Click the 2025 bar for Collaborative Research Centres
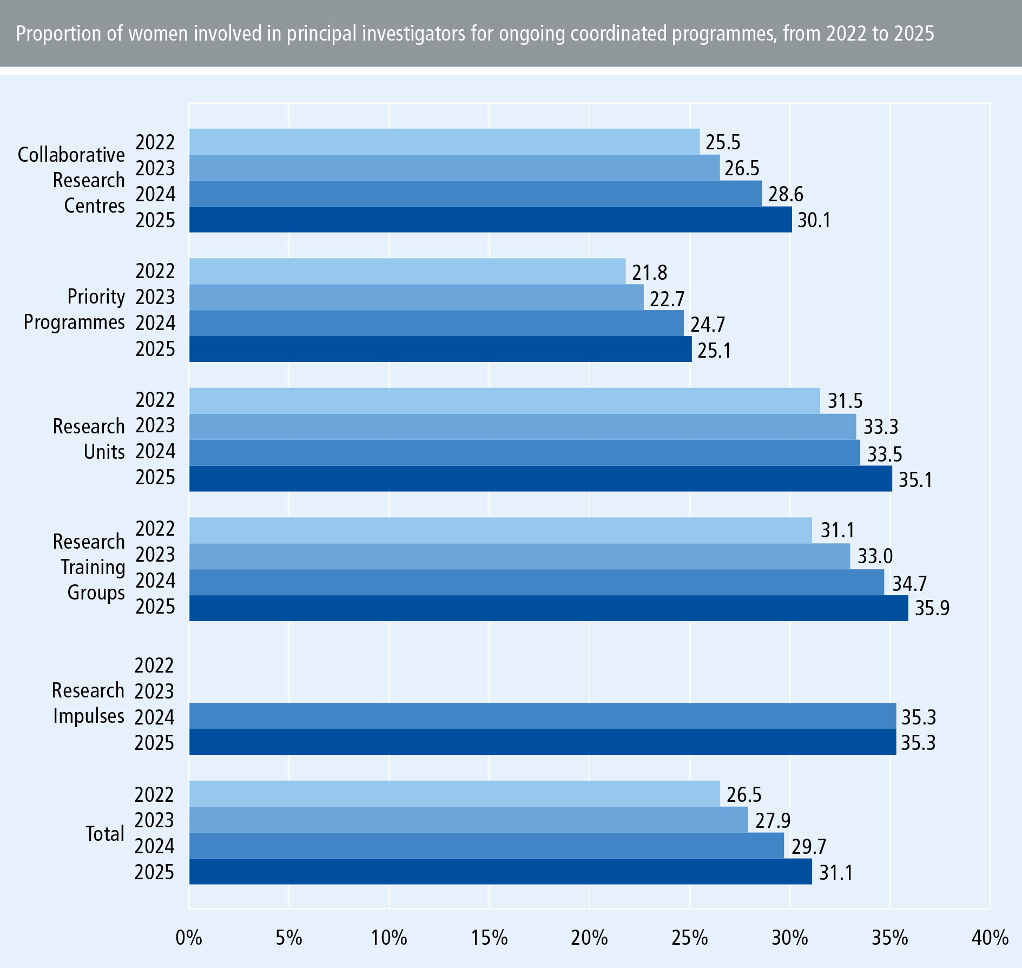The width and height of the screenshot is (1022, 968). click(490, 220)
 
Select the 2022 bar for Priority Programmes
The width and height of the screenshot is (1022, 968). click(407, 271)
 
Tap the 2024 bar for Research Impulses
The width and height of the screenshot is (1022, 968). click(542, 716)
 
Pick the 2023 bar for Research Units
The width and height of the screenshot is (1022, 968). click(522, 426)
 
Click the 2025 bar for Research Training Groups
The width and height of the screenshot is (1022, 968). click(548, 608)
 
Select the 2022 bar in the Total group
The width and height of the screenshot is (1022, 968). click(454, 794)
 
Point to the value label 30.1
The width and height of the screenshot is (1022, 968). click(814, 220)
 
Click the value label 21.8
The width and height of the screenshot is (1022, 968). click(649, 272)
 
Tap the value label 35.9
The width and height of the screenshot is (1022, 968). click(932, 608)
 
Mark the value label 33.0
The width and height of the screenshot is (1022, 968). click(875, 556)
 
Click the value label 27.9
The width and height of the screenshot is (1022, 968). click(773, 821)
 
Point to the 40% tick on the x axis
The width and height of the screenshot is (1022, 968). click(990, 937)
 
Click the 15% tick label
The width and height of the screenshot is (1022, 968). click(489, 937)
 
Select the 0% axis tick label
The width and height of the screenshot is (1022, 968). click(189, 937)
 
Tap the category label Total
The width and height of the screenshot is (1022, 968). click(105, 833)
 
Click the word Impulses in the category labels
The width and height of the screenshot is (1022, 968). click(89, 716)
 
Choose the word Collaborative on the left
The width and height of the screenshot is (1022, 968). click(71, 155)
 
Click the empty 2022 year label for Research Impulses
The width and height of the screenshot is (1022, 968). click(154, 666)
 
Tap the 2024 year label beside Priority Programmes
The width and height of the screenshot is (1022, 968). click(155, 323)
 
